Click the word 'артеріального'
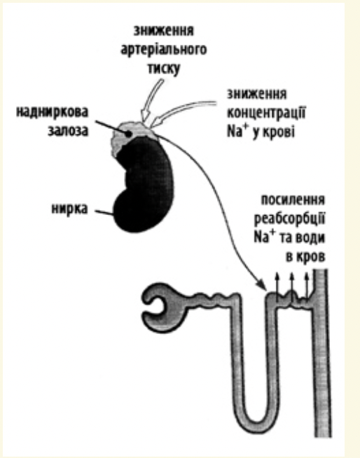(x=164, y=50)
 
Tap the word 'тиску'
(x=164, y=69)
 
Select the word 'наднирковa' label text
(x=52, y=112)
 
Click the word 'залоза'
(x=68, y=131)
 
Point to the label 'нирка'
(x=69, y=209)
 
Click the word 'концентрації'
(x=266, y=113)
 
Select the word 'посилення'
(x=293, y=200)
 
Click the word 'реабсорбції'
(x=289, y=218)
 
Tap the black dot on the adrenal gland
(x=128, y=134)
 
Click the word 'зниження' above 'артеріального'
(x=164, y=31)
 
